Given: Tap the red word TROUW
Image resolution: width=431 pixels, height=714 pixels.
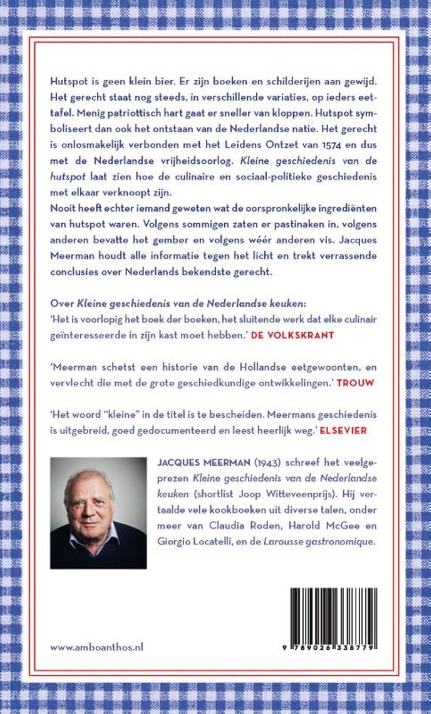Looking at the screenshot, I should [x=355, y=382].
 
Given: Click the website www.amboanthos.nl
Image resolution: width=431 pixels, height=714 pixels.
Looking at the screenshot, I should [x=97, y=647].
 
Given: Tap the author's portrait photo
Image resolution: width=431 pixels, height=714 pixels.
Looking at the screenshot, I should [x=98, y=513].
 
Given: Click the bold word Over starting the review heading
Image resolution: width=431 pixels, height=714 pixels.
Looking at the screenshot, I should [x=59, y=303].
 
